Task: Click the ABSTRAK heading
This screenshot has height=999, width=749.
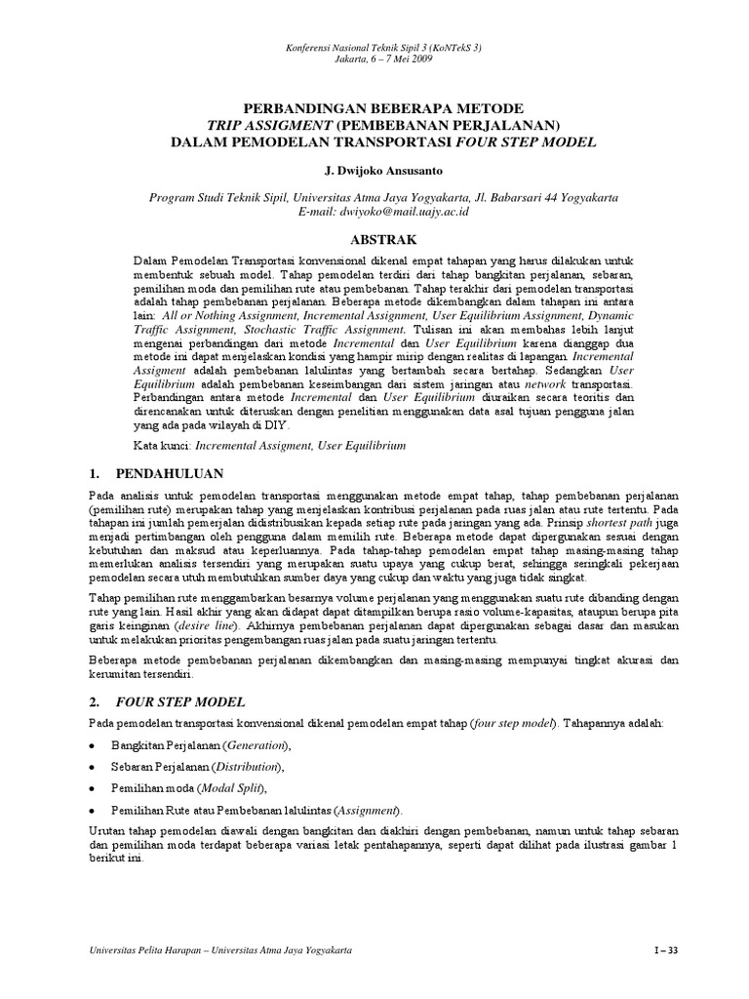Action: (x=375, y=239)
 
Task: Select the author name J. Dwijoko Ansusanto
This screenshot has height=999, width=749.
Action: (x=375, y=171)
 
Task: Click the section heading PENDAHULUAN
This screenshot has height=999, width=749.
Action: (x=170, y=474)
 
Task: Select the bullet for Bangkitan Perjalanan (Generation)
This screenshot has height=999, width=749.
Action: (x=92, y=746)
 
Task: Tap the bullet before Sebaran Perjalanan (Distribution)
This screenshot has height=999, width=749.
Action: (x=92, y=767)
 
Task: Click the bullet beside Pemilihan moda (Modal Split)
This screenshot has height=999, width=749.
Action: (x=92, y=788)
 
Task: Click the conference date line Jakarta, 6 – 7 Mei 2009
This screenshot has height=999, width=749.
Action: (x=375, y=60)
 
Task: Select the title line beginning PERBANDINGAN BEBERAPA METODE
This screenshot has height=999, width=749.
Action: (x=375, y=107)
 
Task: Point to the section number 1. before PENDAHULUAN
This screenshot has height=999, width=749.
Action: (x=94, y=474)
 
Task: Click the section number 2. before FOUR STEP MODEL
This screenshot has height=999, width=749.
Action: (x=94, y=701)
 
